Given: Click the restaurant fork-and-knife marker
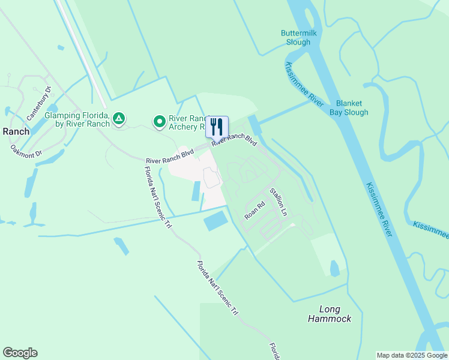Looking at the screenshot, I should [217, 127].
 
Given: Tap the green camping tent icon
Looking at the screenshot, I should [119, 119].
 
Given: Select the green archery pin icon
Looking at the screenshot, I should [159, 122].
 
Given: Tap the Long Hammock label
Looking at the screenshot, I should [330, 314].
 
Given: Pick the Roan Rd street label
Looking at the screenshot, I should [255, 208].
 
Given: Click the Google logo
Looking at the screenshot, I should [20, 353].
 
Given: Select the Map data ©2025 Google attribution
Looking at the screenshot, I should [412, 355].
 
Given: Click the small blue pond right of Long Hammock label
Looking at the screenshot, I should [335, 268].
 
